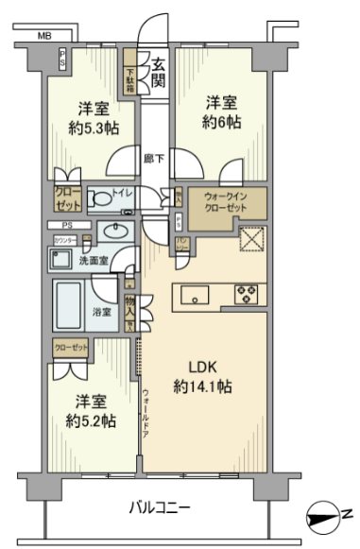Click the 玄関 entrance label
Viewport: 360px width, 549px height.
(159, 73)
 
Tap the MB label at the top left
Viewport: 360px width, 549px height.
(43, 36)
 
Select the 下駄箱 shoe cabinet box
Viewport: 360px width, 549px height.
(132, 70)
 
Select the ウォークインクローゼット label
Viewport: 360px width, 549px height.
(226, 201)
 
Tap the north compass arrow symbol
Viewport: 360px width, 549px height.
(328, 516)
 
